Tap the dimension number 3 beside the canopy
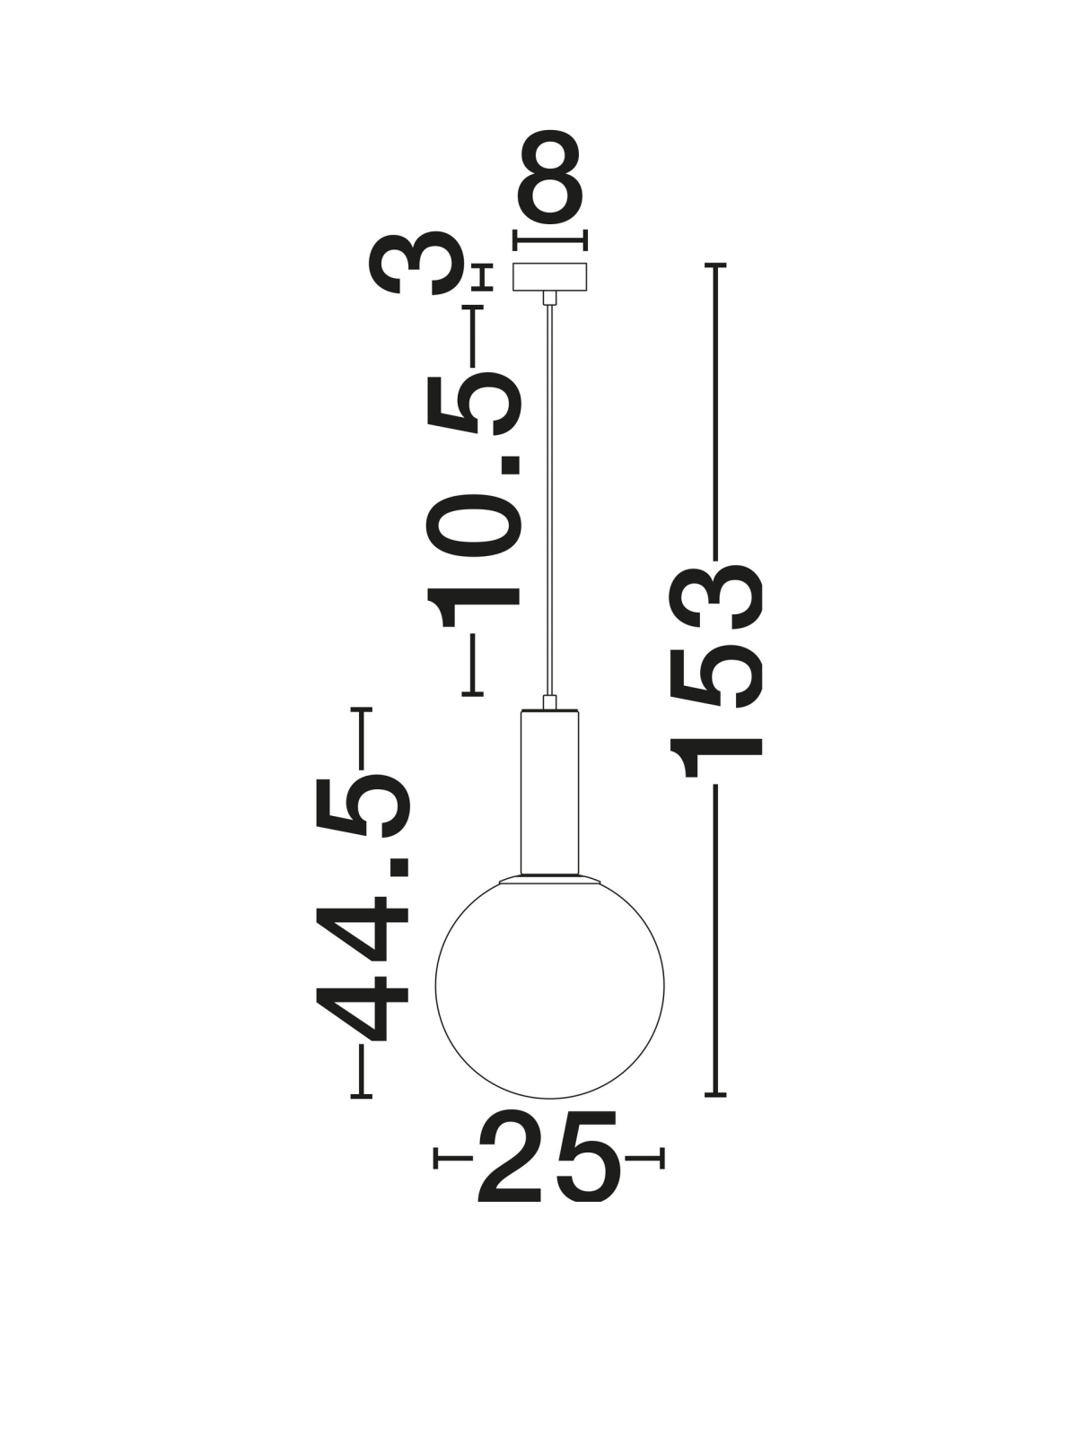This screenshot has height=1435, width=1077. tap(417, 264)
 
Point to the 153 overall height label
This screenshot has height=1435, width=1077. tap(714, 671)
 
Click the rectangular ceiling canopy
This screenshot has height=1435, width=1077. tap(549, 276)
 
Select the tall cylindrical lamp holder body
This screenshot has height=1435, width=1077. tap(550, 795)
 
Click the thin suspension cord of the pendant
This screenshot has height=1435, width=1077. tap(550, 500)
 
